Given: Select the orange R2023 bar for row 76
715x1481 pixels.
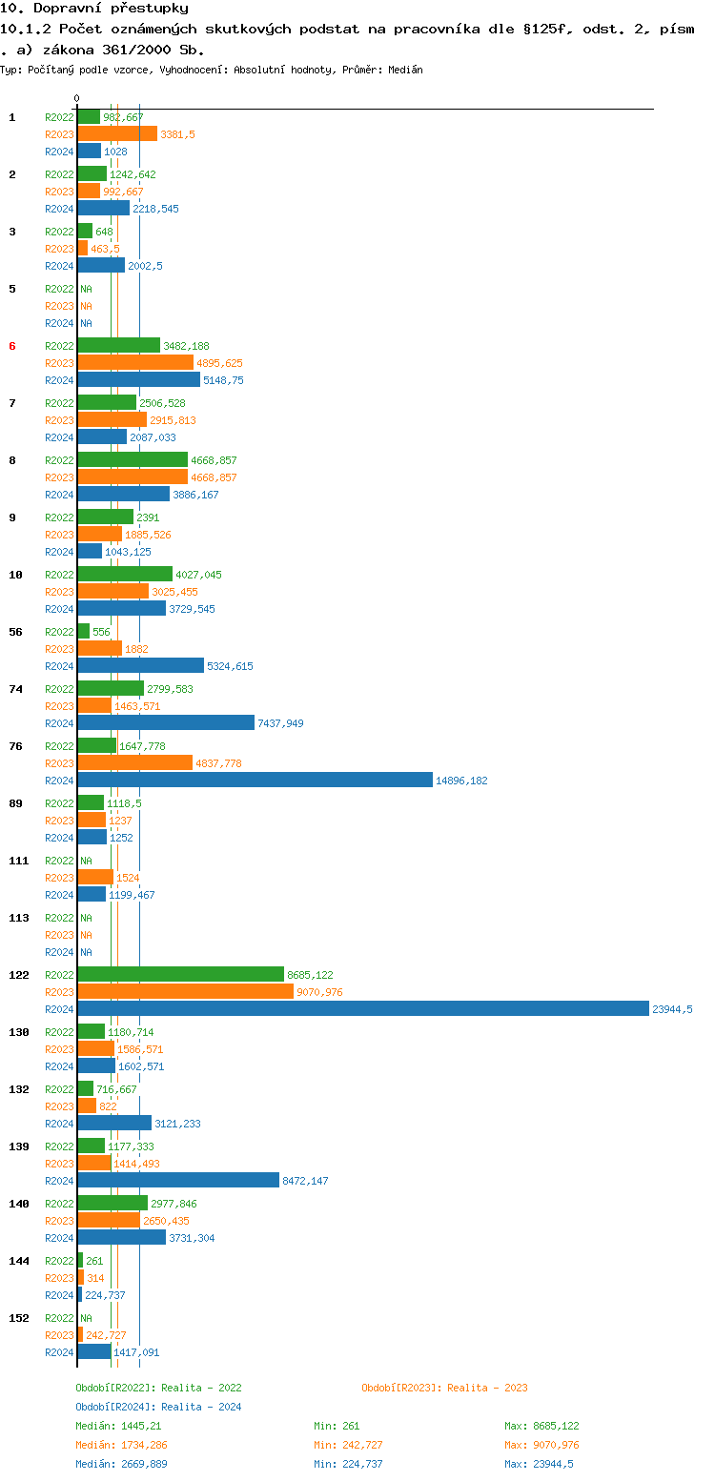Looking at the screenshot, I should click(134, 762).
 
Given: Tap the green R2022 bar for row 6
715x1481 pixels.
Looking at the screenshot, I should click(118, 345).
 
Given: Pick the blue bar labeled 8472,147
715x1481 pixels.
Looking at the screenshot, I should click(178, 1180).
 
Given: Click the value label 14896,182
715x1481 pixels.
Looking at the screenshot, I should click(461, 781).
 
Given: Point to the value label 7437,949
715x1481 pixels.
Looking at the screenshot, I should click(280, 723).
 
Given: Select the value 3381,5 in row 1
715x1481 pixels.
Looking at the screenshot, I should click(177, 134).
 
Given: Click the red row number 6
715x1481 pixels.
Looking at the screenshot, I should click(12, 346).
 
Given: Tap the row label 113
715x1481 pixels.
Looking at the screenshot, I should click(19, 918).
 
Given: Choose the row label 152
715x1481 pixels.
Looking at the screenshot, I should click(19, 1318).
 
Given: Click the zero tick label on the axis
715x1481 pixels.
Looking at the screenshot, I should click(77, 99).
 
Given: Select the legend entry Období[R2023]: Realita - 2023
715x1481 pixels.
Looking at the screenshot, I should click(444, 1388).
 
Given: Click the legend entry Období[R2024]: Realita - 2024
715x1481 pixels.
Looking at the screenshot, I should click(158, 1407).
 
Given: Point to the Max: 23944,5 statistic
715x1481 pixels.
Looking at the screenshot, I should click(539, 1464).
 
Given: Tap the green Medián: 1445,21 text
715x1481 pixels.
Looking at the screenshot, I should click(118, 1426).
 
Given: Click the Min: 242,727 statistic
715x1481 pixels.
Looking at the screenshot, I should click(348, 1445).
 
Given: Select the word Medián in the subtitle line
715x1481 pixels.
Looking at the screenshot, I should click(406, 70).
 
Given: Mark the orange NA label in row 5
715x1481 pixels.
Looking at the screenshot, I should click(86, 306).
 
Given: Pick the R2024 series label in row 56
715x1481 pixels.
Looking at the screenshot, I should click(59, 666).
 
